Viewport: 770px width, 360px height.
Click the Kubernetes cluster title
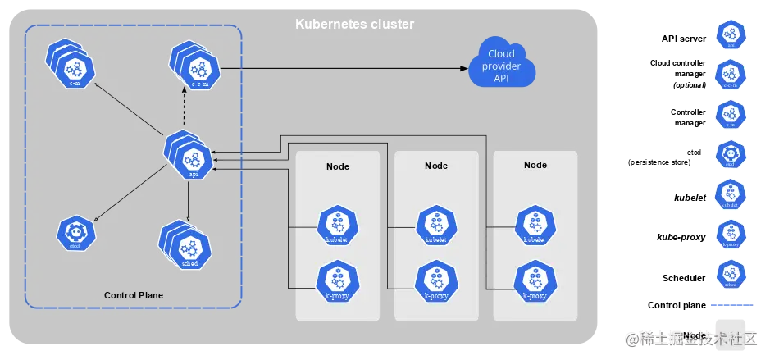[354, 25]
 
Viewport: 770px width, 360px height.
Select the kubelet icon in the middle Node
[436, 226]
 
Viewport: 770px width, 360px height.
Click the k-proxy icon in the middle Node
[436, 280]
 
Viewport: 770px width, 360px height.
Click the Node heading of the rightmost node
[535, 165]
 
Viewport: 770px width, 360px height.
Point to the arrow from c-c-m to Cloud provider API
[344, 68]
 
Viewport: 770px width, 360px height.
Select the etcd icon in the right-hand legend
[730, 153]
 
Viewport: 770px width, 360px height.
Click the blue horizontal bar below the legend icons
[730, 305]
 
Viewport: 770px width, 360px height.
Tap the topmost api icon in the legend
[730, 34]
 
